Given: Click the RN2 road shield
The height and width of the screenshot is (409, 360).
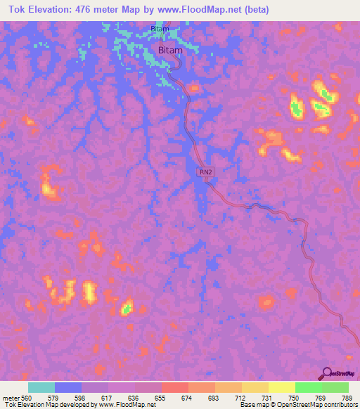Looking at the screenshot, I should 204,172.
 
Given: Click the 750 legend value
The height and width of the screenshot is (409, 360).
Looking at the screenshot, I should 295,398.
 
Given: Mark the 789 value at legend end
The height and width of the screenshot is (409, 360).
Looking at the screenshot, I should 347,398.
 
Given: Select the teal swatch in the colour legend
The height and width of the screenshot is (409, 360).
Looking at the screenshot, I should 41,387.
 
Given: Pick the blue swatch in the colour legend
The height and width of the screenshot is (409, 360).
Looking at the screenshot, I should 68,387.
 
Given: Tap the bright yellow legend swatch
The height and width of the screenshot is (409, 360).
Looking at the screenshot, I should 281,387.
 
